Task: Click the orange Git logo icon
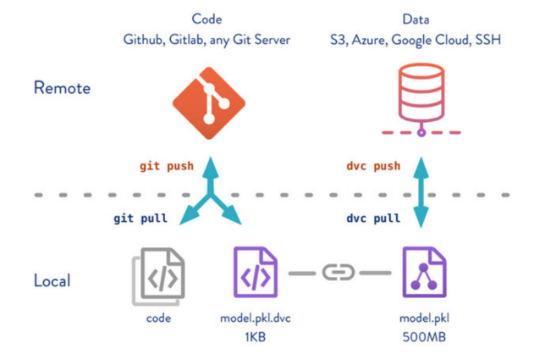(208, 103)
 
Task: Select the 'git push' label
(167, 165)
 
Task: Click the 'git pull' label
(140, 218)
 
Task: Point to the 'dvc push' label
(373, 165)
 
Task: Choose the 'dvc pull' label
(373, 218)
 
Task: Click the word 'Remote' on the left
(61, 87)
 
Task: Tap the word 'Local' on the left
(53, 280)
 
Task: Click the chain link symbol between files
(339, 274)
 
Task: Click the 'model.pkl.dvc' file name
(255, 318)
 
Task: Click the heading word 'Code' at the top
(208, 18)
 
